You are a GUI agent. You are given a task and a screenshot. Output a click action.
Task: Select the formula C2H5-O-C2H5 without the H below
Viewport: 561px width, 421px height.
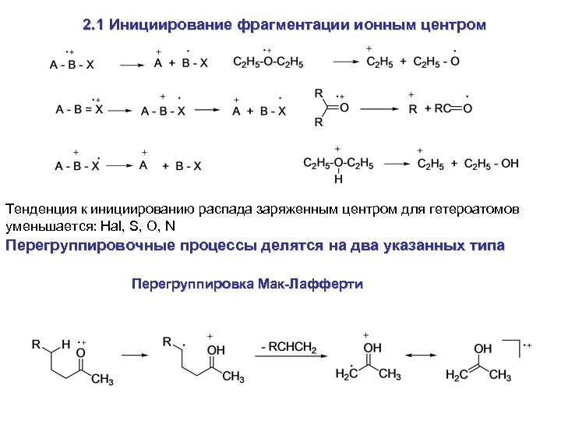point(268,62)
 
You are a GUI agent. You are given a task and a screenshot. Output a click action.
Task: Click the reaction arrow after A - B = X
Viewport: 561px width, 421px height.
point(122,111)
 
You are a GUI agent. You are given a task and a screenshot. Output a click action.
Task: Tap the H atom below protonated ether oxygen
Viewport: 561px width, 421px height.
point(338,179)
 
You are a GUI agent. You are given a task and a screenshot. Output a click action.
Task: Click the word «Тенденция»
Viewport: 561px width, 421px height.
point(39,210)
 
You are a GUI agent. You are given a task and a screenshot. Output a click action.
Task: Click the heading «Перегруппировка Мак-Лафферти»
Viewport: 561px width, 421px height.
point(247,284)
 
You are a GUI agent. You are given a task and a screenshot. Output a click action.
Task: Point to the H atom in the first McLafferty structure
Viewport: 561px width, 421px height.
point(66,343)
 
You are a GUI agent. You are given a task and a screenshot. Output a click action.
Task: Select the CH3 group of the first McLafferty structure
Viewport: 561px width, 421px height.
point(102,380)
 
